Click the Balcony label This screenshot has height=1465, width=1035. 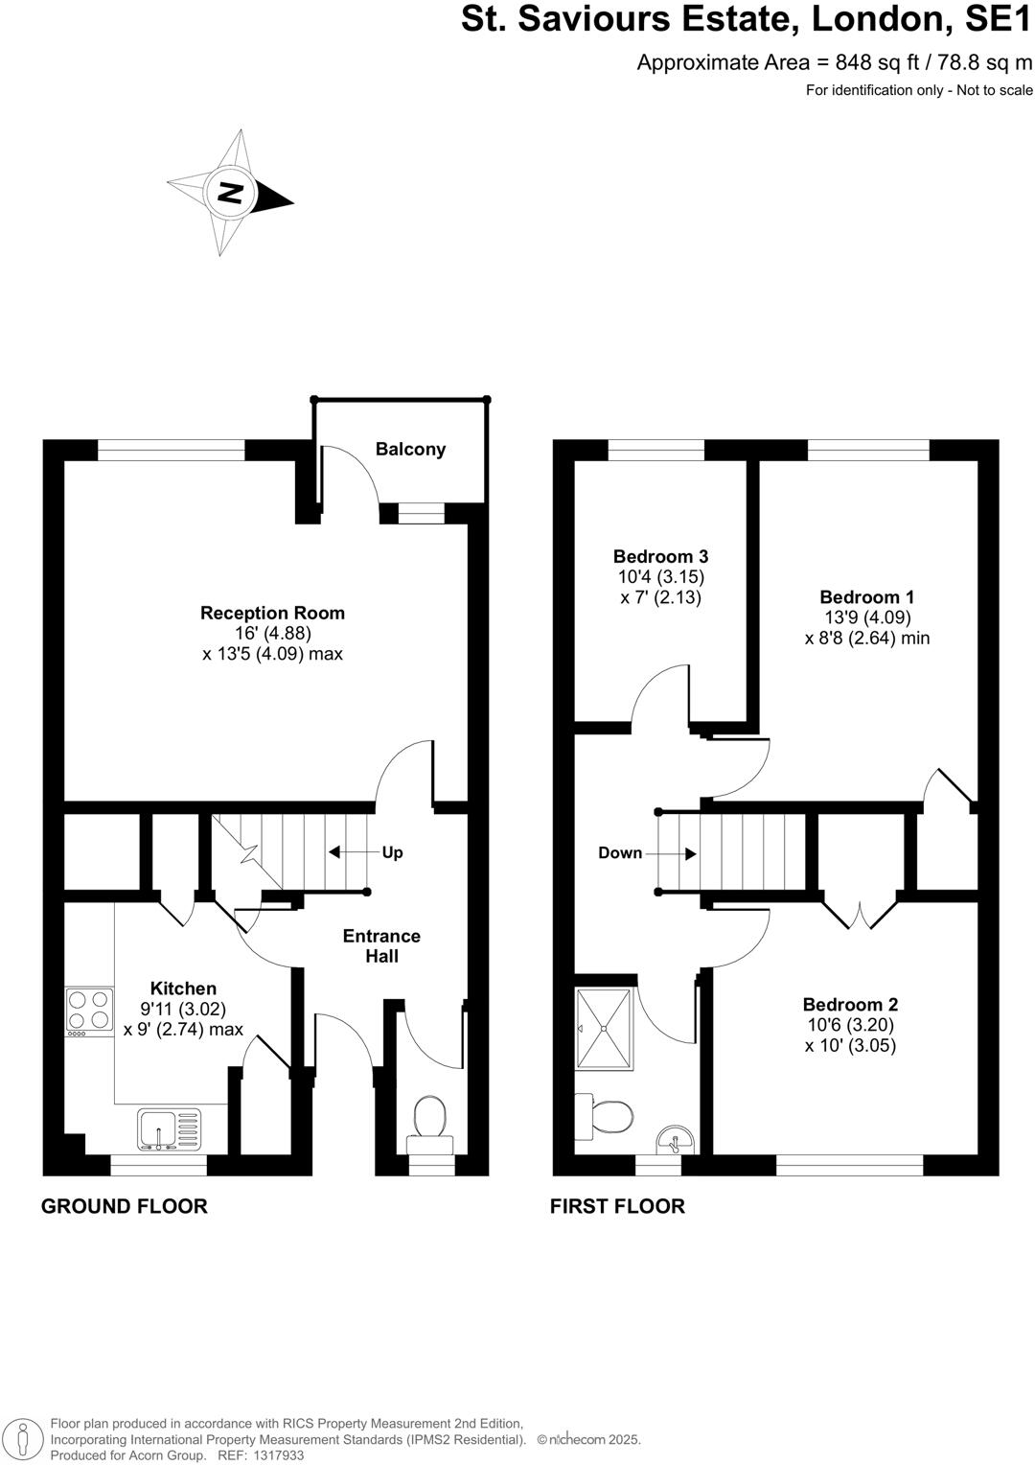[410, 449]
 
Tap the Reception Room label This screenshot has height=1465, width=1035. [272, 613]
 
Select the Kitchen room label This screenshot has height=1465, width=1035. [183, 988]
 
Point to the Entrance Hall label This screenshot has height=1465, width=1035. [381, 945]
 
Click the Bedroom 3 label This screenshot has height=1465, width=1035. [660, 556]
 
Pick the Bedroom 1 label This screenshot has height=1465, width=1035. [867, 596]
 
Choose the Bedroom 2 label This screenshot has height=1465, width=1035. [850, 1005]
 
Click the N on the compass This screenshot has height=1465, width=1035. [230, 192]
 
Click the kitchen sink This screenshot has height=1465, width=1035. [170, 1128]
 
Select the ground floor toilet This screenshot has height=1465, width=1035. [430, 1122]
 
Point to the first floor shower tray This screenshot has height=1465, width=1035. [605, 1027]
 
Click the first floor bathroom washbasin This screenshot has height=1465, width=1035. [678, 1141]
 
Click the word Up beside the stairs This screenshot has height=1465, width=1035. [392, 852]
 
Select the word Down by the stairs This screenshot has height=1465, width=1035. [620, 853]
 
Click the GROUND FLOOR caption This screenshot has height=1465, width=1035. [125, 1206]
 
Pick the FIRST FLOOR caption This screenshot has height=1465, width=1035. [617, 1206]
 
